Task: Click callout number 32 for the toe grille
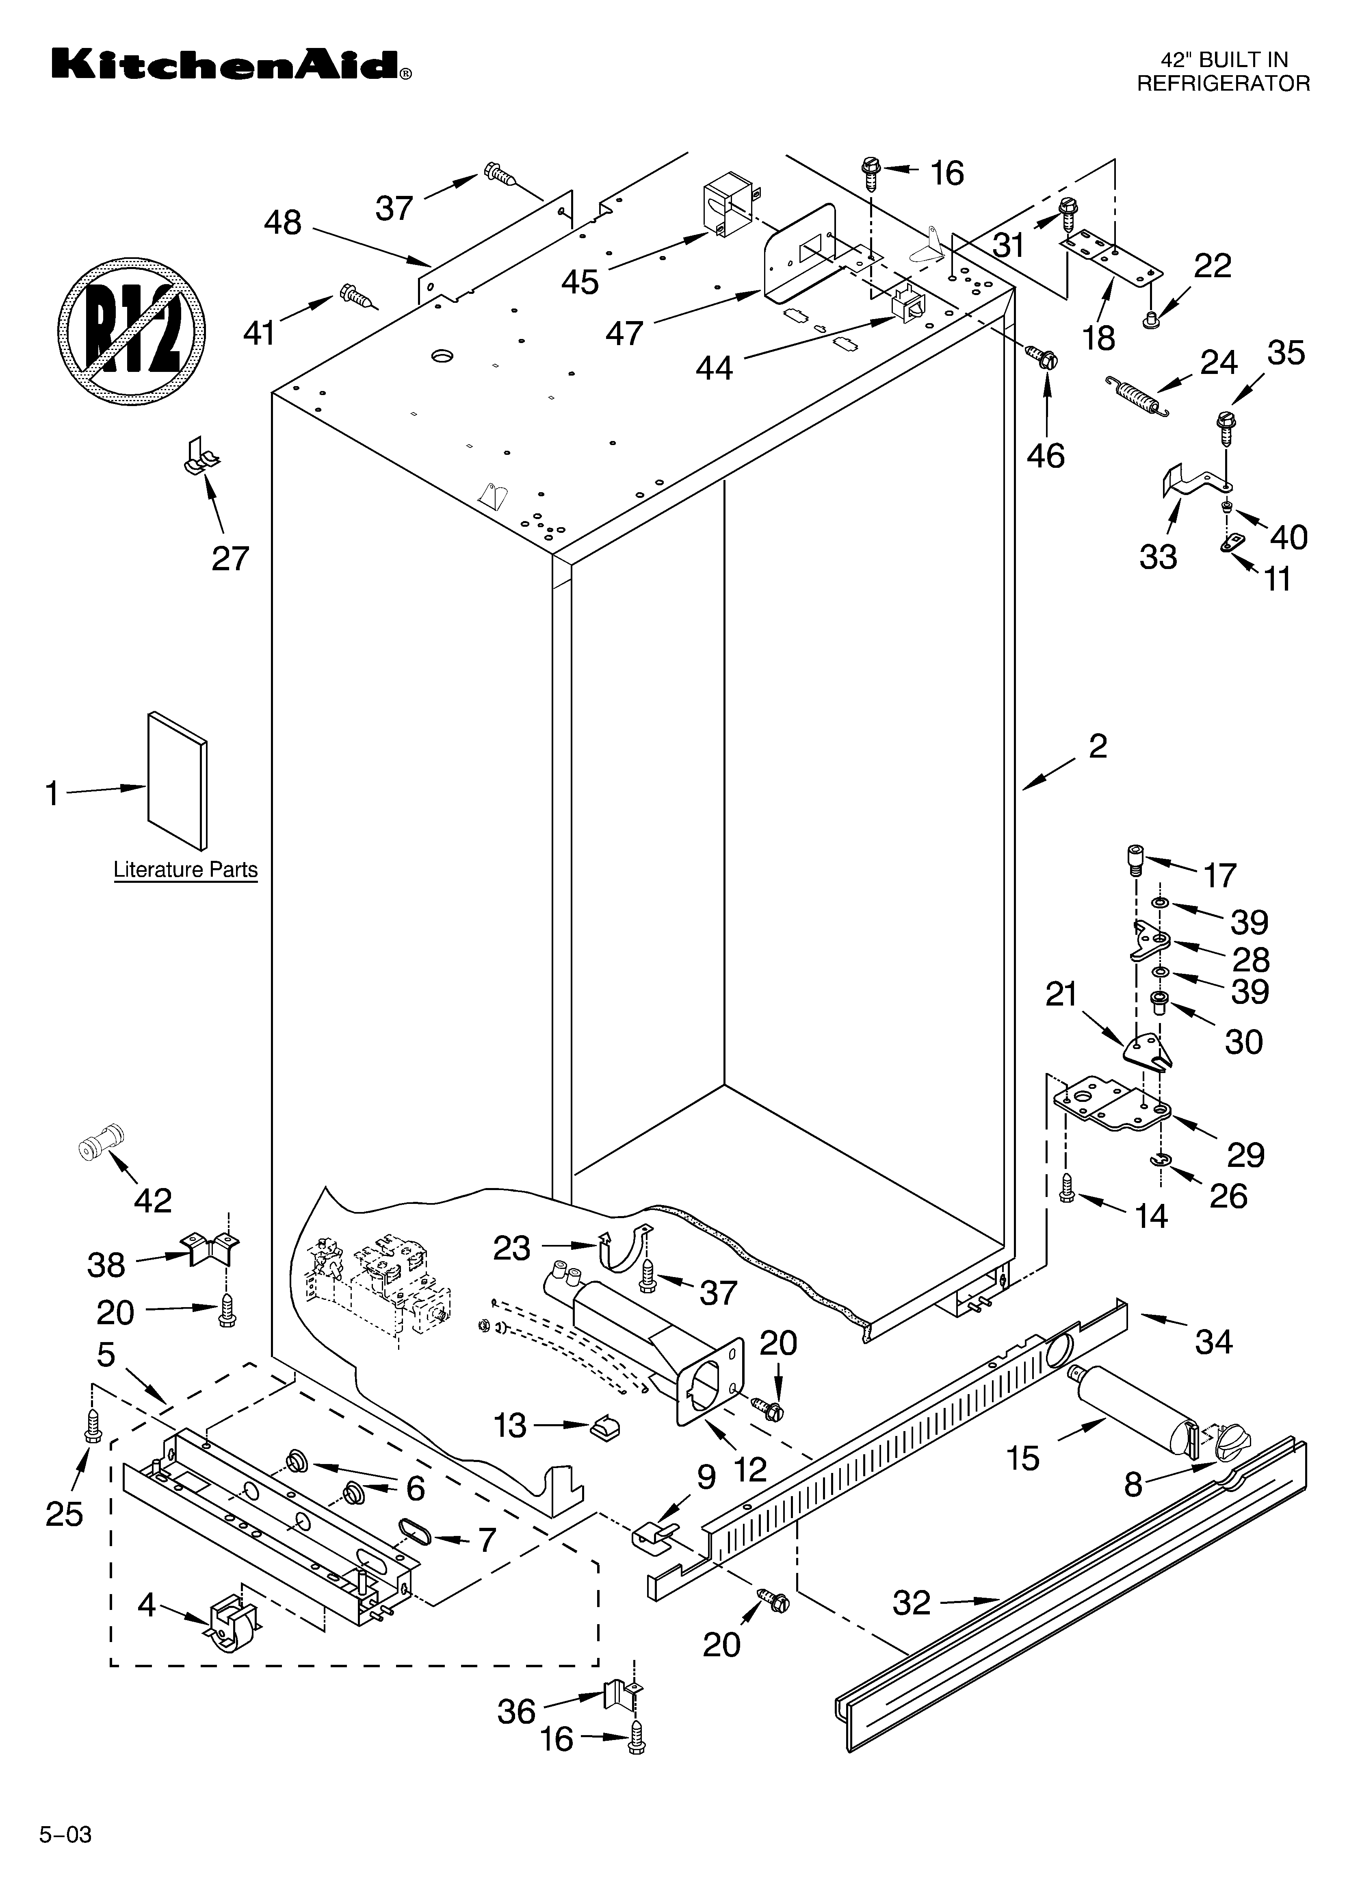pyautogui.click(x=912, y=1603)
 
